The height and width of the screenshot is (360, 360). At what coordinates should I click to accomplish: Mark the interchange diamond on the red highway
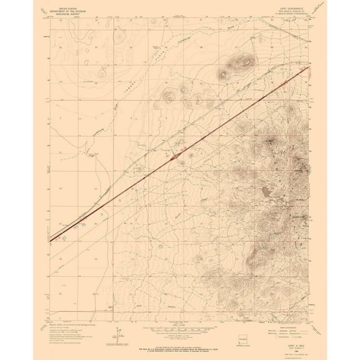179,152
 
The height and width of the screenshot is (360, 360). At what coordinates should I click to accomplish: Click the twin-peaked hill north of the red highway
241,62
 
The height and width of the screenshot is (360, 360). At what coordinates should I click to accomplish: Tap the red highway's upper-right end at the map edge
309,67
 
